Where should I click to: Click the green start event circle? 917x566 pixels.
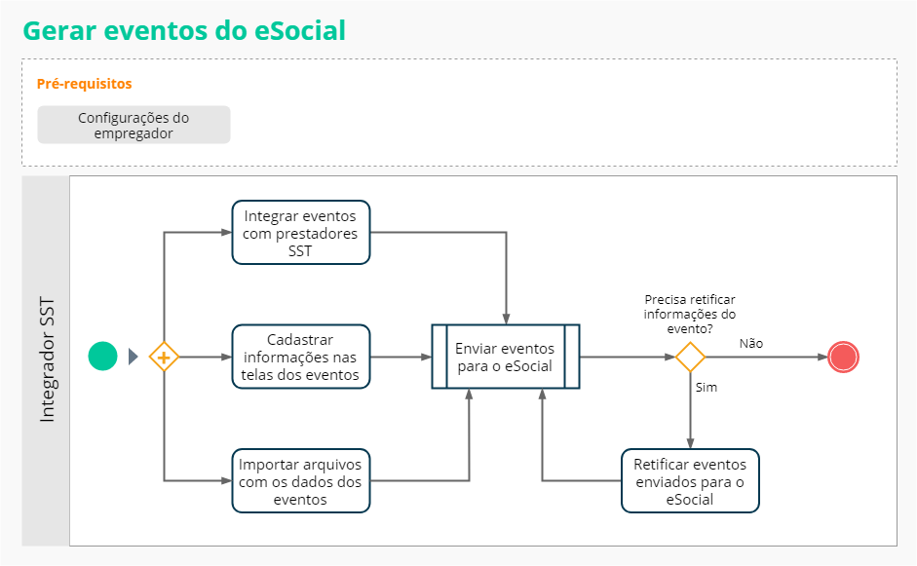(x=102, y=357)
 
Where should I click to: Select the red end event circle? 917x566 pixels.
(x=843, y=357)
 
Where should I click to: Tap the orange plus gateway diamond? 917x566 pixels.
(x=164, y=358)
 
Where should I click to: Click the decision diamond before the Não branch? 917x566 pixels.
(x=690, y=357)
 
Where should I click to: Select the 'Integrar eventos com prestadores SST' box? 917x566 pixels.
(x=301, y=232)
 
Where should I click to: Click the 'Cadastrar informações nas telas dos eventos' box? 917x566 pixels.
(x=301, y=357)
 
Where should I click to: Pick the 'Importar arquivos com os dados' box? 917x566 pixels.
(x=301, y=480)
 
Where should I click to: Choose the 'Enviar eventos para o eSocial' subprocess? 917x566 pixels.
(x=505, y=357)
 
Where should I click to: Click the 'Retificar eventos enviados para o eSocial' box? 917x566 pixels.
(x=690, y=480)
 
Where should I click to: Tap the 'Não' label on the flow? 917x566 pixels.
(x=750, y=343)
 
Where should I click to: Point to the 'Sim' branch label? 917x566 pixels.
(x=707, y=388)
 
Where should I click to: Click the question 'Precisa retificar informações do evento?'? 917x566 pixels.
(x=690, y=314)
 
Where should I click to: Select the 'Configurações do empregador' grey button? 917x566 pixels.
(x=134, y=125)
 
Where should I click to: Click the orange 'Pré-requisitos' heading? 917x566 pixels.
(x=84, y=84)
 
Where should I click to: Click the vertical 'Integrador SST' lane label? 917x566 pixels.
(x=47, y=360)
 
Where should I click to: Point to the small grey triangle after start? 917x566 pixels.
(x=134, y=357)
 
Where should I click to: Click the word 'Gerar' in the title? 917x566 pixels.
(x=58, y=30)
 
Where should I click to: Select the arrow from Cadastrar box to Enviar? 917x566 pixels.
(x=401, y=357)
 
